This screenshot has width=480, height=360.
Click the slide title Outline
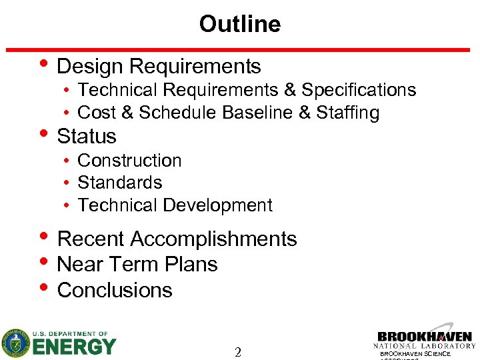239,24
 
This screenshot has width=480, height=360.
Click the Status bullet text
87,137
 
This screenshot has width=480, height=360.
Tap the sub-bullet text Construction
129,161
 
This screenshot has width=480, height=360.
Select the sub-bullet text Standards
120,183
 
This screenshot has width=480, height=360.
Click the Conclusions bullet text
115,291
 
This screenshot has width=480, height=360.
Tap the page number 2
238,352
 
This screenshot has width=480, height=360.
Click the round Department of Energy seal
15,343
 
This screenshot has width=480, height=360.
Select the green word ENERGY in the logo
73,347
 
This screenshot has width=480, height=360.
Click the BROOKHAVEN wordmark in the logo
425,337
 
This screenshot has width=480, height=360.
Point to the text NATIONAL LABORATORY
425,346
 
